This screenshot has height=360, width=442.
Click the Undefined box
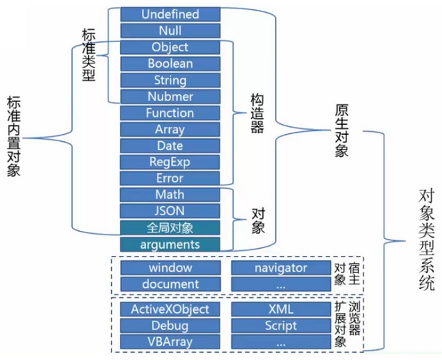170,14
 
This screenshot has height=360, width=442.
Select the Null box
170,31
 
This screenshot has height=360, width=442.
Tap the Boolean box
170,63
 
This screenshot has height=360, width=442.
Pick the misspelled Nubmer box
170,96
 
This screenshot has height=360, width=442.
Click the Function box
170,113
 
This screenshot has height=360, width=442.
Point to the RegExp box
170,162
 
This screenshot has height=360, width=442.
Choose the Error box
170,178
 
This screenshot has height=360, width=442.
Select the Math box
170,195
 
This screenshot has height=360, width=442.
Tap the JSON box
170,211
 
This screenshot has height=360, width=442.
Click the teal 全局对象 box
170,227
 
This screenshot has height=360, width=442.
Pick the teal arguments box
170,244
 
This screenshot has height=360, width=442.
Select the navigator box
280,268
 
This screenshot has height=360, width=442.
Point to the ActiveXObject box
170,309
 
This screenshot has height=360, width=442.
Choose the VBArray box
170,341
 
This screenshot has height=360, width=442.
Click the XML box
280,309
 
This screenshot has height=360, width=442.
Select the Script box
280,325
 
